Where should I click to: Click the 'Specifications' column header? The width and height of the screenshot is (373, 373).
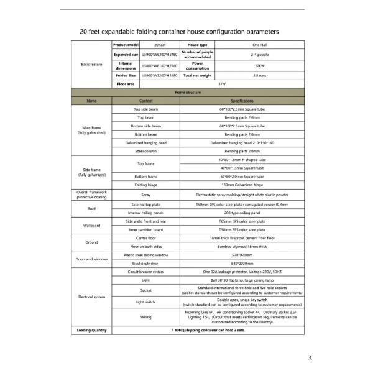click(x=242, y=100)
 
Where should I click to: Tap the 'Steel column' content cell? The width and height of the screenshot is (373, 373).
click(x=146, y=151)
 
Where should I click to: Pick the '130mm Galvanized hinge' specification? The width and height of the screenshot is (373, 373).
click(x=242, y=185)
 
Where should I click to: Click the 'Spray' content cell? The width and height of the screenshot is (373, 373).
click(x=146, y=195)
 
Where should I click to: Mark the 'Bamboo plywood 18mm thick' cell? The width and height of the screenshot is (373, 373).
click(x=242, y=246)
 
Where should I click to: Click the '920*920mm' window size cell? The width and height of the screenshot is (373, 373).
click(x=242, y=255)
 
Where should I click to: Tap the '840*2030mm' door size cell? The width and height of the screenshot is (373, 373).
click(x=242, y=263)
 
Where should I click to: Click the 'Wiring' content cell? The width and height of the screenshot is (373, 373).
click(x=146, y=317)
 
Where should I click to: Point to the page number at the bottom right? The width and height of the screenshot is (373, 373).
click(x=310, y=357)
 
